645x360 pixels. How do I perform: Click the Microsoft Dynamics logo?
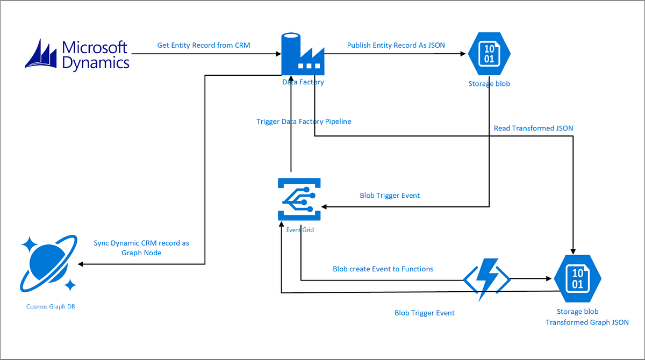(x=77, y=54)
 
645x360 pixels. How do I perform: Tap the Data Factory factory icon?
(x=303, y=54)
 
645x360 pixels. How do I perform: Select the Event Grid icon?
(x=299, y=199)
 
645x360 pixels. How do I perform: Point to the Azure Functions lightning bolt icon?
(x=486, y=279)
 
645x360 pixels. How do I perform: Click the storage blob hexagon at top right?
(x=489, y=54)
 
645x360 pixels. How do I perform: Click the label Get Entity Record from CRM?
(x=204, y=46)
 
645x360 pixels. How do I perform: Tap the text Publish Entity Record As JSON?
(x=396, y=46)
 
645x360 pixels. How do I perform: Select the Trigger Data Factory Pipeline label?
(x=304, y=122)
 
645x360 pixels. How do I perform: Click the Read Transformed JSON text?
(x=533, y=128)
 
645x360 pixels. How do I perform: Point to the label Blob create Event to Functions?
(x=383, y=269)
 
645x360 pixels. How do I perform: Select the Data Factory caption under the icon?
(x=303, y=82)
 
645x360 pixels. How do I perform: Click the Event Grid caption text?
(x=299, y=229)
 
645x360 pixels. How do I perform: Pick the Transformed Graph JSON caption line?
(x=587, y=322)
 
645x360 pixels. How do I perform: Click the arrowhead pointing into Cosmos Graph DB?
(x=81, y=264)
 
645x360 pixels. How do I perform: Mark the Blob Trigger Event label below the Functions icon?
(x=425, y=313)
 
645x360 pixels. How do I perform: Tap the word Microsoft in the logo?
(x=95, y=47)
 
